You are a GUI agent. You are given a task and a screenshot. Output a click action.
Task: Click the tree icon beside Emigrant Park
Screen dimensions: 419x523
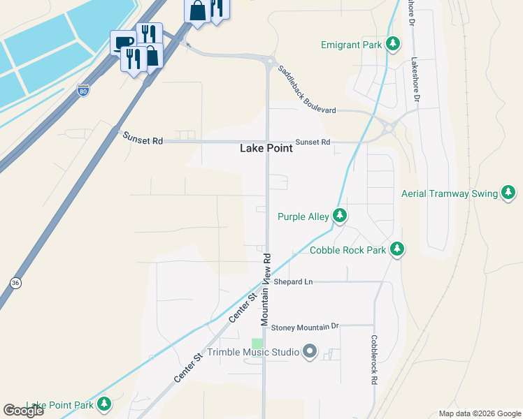click(394, 45)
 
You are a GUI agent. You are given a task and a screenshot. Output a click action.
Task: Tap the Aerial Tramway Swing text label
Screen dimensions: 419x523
click(450, 193)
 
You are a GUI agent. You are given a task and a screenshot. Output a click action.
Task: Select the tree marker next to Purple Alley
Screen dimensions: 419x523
click(340, 216)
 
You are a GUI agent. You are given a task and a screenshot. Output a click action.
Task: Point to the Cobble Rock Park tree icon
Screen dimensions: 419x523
click(397, 249)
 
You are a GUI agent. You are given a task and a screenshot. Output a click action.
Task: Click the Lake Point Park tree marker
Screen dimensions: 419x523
click(104, 404)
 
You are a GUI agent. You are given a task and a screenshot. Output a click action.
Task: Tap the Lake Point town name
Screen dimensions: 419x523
click(266, 148)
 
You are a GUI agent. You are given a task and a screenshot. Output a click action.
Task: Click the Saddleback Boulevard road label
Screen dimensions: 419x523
click(306, 90)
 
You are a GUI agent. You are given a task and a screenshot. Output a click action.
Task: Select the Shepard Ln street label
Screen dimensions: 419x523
click(292, 281)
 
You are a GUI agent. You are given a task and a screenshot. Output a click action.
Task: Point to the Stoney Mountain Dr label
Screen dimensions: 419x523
click(304, 326)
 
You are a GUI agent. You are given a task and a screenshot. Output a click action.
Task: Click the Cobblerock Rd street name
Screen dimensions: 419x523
click(374, 360)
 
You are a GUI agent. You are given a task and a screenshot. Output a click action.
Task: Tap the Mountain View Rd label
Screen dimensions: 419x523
click(266, 288)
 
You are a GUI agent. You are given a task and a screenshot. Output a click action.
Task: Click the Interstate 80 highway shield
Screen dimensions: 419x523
click(83, 90)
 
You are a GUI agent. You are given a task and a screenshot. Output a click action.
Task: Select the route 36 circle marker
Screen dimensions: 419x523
click(15, 282)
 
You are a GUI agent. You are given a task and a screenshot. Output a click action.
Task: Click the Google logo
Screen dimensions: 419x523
click(23, 411)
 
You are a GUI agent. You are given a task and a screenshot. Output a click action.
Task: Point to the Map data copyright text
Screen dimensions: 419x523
click(479, 413)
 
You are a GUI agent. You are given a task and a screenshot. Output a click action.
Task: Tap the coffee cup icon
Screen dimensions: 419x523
click(123, 43)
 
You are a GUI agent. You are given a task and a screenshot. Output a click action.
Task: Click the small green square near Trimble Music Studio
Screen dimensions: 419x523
click(257, 344)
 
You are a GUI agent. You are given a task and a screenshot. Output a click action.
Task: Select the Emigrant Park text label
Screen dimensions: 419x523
click(352, 45)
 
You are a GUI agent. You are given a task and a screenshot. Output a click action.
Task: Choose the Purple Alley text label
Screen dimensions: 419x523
click(303, 216)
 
